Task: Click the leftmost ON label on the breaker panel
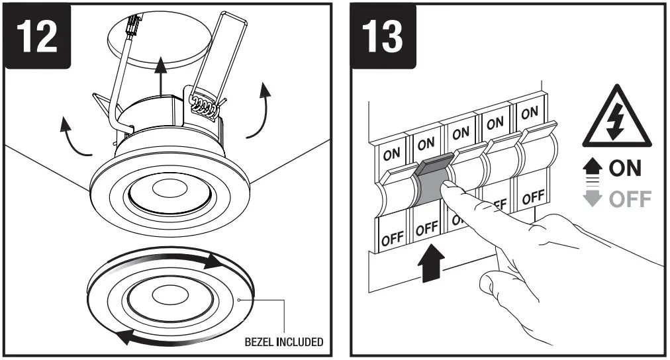pos(391,154)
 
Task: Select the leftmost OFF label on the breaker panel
pos(392,238)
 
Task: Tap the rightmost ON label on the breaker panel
pos(530,113)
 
